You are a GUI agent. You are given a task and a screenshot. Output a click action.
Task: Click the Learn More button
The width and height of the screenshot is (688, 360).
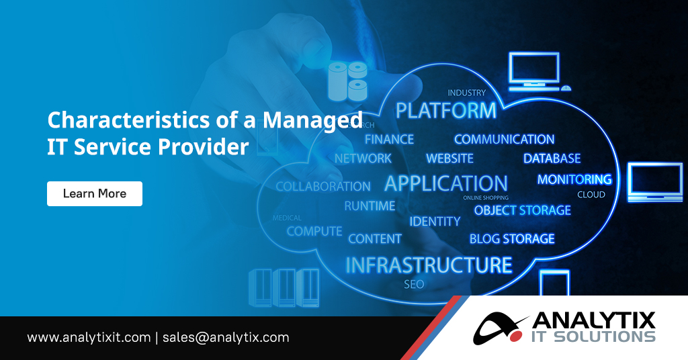pyautogui.click(x=94, y=193)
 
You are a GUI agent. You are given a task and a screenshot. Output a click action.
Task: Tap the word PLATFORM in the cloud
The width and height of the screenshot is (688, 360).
pyautogui.click(x=445, y=110)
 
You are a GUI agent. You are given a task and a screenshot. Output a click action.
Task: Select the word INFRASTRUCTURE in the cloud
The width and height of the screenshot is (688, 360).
pyautogui.click(x=429, y=265)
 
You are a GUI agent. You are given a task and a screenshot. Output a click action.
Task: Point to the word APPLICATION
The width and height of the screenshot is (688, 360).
pyautogui.click(x=445, y=183)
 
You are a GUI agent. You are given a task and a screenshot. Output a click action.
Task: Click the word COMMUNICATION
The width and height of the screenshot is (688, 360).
pyautogui.click(x=504, y=139)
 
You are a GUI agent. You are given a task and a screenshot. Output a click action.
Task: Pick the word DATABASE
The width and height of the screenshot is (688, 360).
pyautogui.click(x=552, y=159)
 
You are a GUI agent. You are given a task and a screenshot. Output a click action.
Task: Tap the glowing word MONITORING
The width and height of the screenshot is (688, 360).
pyautogui.click(x=574, y=179)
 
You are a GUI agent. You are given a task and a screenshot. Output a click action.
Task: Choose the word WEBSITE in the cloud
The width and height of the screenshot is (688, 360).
pyautogui.click(x=449, y=159)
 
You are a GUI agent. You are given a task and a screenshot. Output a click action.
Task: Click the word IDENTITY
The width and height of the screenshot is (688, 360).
pyautogui.click(x=435, y=221)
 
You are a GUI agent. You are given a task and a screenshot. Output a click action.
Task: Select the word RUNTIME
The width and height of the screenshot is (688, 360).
pyautogui.click(x=370, y=206)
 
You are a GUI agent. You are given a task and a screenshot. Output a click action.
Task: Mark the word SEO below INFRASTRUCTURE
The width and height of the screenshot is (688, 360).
pyautogui.click(x=414, y=284)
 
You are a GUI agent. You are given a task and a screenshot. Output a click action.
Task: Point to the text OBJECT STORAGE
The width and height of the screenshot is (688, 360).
pyautogui.click(x=522, y=210)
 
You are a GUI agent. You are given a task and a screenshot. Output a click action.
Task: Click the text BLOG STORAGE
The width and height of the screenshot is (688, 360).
pyautogui.click(x=512, y=238)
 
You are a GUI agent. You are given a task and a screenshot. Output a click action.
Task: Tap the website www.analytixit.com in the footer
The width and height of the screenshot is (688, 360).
pyautogui.click(x=89, y=337)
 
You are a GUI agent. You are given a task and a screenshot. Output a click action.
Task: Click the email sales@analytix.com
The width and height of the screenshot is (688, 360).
pyautogui.click(x=226, y=337)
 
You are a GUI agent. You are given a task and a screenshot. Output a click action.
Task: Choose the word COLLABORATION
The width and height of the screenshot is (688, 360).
pyautogui.click(x=322, y=186)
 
